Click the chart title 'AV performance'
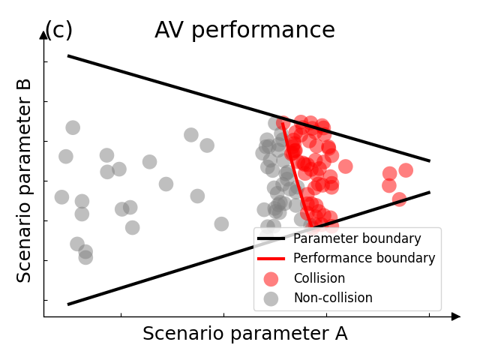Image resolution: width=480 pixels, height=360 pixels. [x=244, y=31]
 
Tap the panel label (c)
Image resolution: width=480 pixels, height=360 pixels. [x=58, y=31]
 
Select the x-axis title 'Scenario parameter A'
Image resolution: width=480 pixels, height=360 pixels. [x=244, y=334]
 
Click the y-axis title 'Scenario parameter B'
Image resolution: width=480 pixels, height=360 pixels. [x=25, y=180]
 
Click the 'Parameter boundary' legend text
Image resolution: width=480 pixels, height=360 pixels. [x=357, y=238]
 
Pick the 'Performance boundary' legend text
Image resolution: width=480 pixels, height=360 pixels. [x=364, y=258]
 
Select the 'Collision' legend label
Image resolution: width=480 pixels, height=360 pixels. [x=319, y=278]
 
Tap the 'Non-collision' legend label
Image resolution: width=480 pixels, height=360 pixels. [x=332, y=298]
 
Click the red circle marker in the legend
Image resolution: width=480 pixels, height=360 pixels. [x=271, y=278]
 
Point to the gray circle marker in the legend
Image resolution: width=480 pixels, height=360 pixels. [x=271, y=298]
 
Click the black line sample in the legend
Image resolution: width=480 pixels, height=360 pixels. [x=271, y=239]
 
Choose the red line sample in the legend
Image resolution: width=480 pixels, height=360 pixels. [x=271, y=259]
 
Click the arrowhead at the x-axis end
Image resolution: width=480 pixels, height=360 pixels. [x=456, y=316]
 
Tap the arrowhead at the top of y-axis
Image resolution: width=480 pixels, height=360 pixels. [x=43, y=34]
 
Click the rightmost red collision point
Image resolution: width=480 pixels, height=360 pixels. [x=406, y=170]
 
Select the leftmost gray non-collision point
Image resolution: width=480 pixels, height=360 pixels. [x=61, y=197]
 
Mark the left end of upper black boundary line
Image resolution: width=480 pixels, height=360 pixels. [x=69, y=56]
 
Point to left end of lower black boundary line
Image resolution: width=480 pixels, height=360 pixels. [x=69, y=304]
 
